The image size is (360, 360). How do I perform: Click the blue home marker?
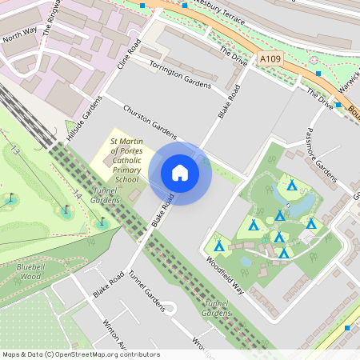click(180, 173)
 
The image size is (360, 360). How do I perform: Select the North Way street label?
click(20, 34)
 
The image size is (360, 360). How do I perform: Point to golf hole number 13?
click(15, 150)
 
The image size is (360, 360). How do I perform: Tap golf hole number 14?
click(77, 194)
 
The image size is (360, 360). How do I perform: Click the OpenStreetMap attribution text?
click(80, 354)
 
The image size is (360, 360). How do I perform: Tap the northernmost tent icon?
click(292, 186)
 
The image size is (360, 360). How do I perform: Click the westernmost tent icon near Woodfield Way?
click(218, 245)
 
